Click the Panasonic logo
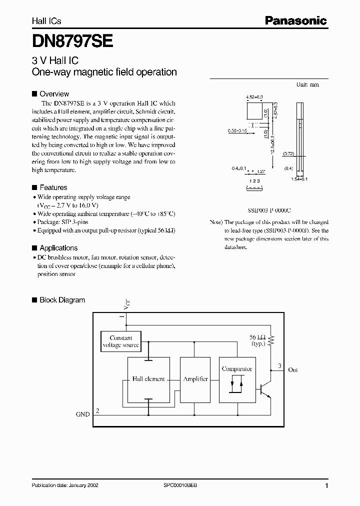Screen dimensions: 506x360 click(x=295, y=20)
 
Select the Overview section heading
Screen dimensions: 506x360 click(x=54, y=94)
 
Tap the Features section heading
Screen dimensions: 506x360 click(x=53, y=187)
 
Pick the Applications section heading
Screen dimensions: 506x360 click(x=58, y=248)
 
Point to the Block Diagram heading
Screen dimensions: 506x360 click(x=62, y=300)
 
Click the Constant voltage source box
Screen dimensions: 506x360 click(x=120, y=341)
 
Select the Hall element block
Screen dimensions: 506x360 click(x=148, y=379)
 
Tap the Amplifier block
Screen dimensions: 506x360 click(x=195, y=379)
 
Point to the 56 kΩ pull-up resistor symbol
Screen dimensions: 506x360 click(x=271, y=340)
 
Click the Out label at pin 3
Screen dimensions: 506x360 click(x=292, y=370)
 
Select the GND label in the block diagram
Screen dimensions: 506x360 click(x=82, y=414)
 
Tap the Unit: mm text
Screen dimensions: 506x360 click(x=307, y=85)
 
